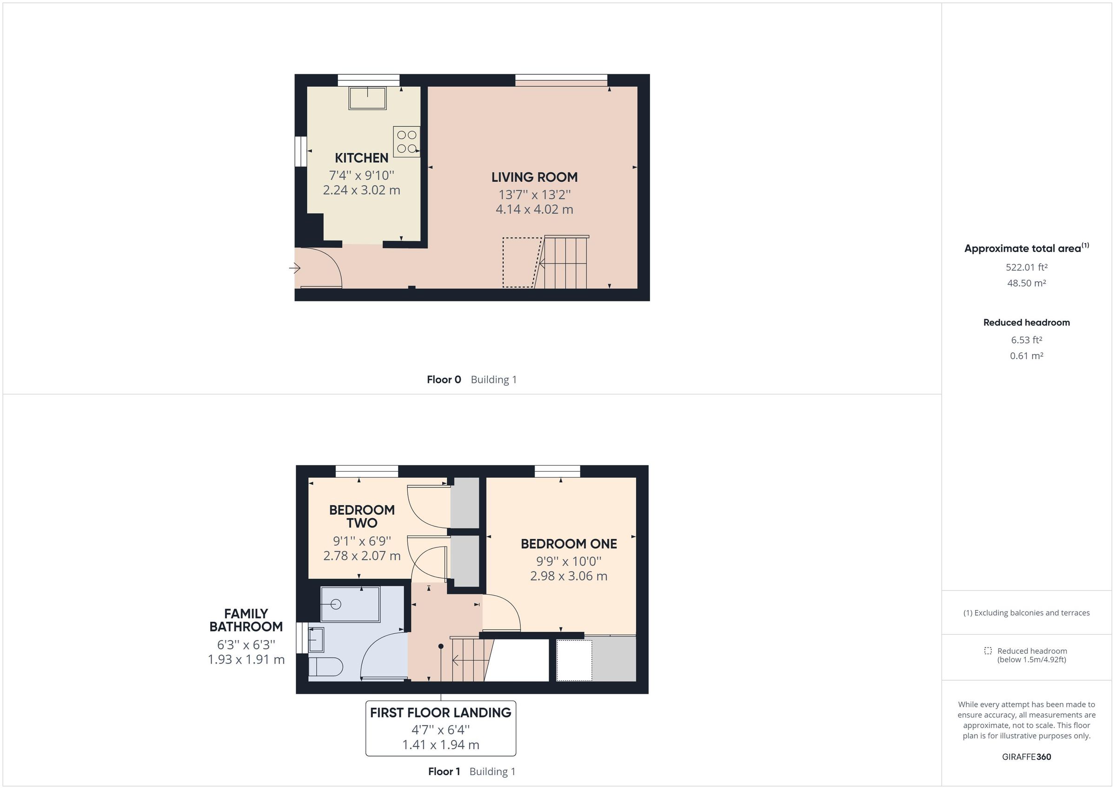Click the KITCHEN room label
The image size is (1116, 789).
click(361, 158)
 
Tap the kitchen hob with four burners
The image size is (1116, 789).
click(406, 141)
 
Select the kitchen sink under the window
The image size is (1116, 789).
click(367, 98)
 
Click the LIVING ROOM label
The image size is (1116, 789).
click(534, 178)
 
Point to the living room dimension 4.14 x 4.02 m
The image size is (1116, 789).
click(534, 210)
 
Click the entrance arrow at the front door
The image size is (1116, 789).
click(295, 268)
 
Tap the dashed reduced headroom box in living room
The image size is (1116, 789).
click(521, 262)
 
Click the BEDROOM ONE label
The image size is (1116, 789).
click(569, 544)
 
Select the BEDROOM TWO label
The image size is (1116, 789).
click(362, 516)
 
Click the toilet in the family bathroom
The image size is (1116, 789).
click(325, 667)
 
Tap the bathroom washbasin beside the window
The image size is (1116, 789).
click(316, 639)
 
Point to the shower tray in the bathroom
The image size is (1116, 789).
click(350, 604)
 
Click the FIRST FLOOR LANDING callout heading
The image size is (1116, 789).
click(440, 713)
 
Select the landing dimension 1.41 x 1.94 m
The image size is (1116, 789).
click(440, 745)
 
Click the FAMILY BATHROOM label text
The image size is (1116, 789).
click(246, 620)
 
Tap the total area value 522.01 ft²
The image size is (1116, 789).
click(1026, 267)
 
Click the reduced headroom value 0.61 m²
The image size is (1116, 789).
click(1026, 356)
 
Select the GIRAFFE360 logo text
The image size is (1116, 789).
click(1026, 757)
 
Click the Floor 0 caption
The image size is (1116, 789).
click(444, 380)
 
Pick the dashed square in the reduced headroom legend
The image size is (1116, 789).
click(988, 651)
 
